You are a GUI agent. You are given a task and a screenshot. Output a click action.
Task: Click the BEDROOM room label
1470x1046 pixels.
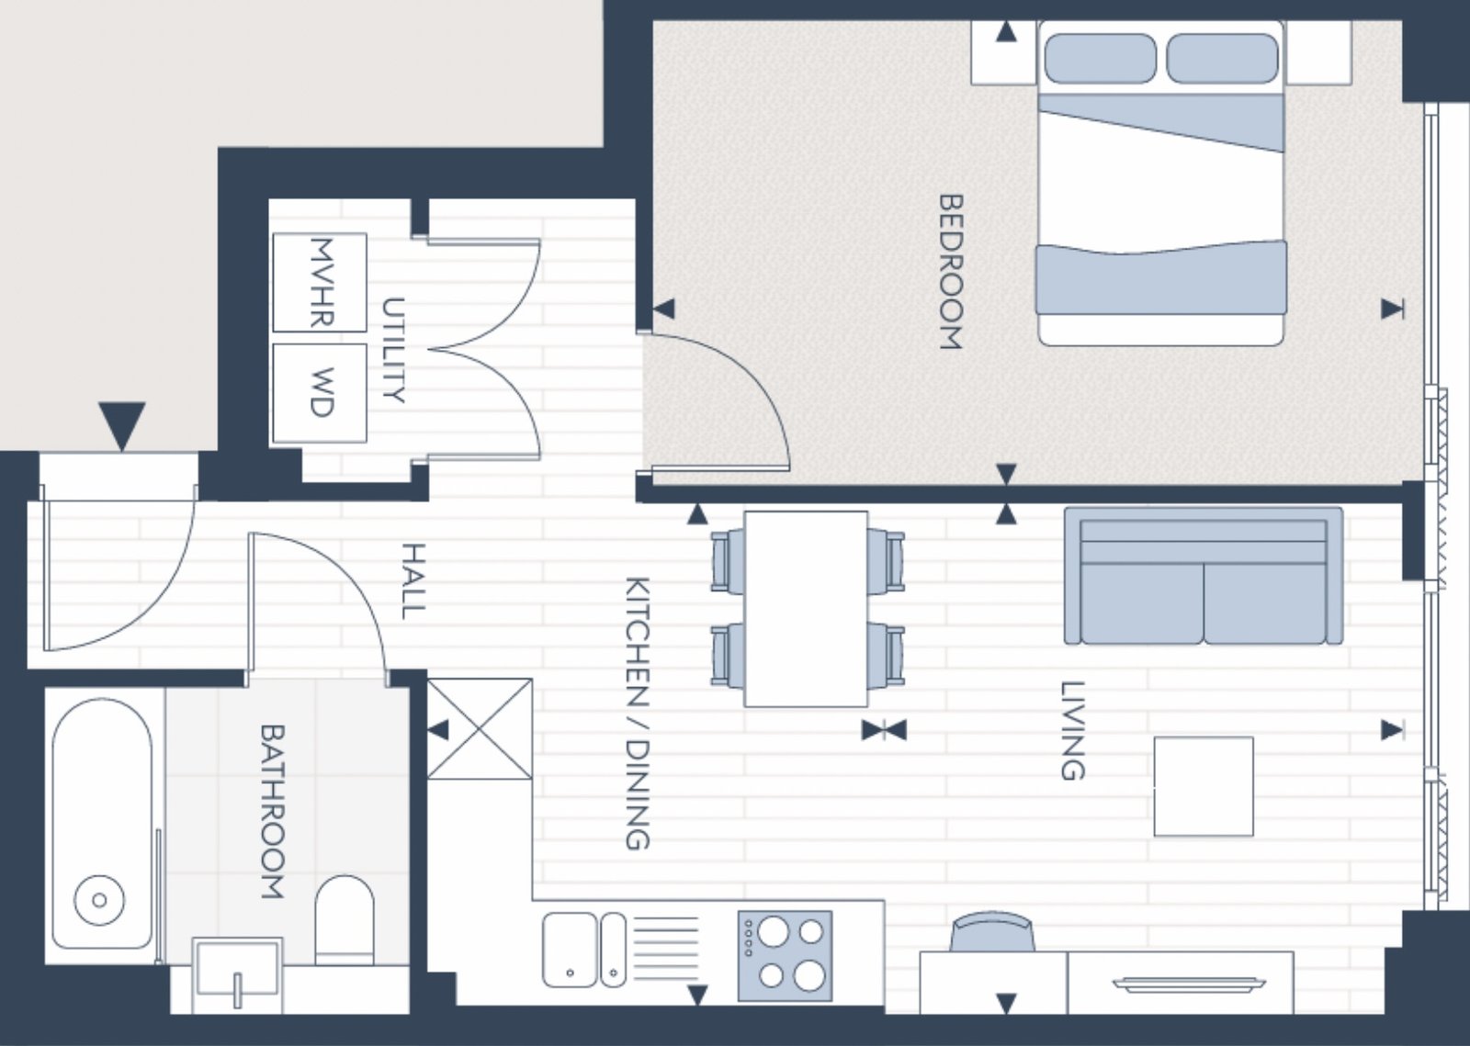point(951,271)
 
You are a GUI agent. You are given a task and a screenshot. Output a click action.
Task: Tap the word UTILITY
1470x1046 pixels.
point(393,350)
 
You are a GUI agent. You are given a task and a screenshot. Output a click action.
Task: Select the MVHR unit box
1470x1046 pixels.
point(320,283)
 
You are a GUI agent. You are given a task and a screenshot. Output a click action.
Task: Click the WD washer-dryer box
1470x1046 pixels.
point(320,393)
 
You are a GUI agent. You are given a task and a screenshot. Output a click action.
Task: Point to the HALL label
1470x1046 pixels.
point(413,581)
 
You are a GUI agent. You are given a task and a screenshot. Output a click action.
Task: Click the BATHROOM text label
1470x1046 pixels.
point(272,811)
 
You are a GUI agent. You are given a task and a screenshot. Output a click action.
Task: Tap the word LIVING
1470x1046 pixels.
point(1072,731)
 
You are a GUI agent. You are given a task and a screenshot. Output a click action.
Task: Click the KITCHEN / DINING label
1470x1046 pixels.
point(637,714)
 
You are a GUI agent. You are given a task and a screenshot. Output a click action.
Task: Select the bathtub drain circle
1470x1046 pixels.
point(100,900)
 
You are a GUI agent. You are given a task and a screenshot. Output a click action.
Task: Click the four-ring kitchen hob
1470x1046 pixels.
point(785,955)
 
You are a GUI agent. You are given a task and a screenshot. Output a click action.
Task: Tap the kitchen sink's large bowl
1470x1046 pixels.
point(570,950)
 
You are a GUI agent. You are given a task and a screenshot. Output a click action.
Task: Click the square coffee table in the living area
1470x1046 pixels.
point(1204,786)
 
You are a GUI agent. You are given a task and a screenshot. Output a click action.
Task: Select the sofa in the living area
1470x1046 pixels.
point(1204,576)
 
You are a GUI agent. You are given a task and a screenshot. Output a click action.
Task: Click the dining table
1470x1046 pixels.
point(806,609)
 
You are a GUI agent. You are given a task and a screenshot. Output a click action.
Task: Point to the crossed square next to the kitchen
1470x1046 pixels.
point(480,729)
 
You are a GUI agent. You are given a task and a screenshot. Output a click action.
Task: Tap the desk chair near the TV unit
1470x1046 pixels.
point(992,931)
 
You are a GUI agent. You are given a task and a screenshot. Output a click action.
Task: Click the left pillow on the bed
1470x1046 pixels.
point(1100,59)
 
